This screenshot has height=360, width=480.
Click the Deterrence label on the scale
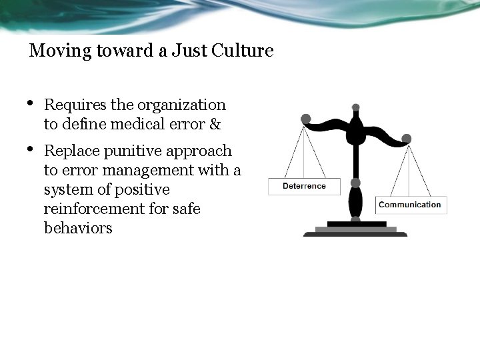[304, 186]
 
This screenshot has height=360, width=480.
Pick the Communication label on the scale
[410, 205]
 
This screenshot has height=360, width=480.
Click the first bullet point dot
[31, 103]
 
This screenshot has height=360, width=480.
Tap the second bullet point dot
[31, 149]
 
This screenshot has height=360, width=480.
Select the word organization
[181, 105]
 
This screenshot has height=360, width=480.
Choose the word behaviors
[78, 228]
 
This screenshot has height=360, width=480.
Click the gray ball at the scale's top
[356, 107]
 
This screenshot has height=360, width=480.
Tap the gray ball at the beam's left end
[306, 119]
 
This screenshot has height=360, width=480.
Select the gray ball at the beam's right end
[407, 139]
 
